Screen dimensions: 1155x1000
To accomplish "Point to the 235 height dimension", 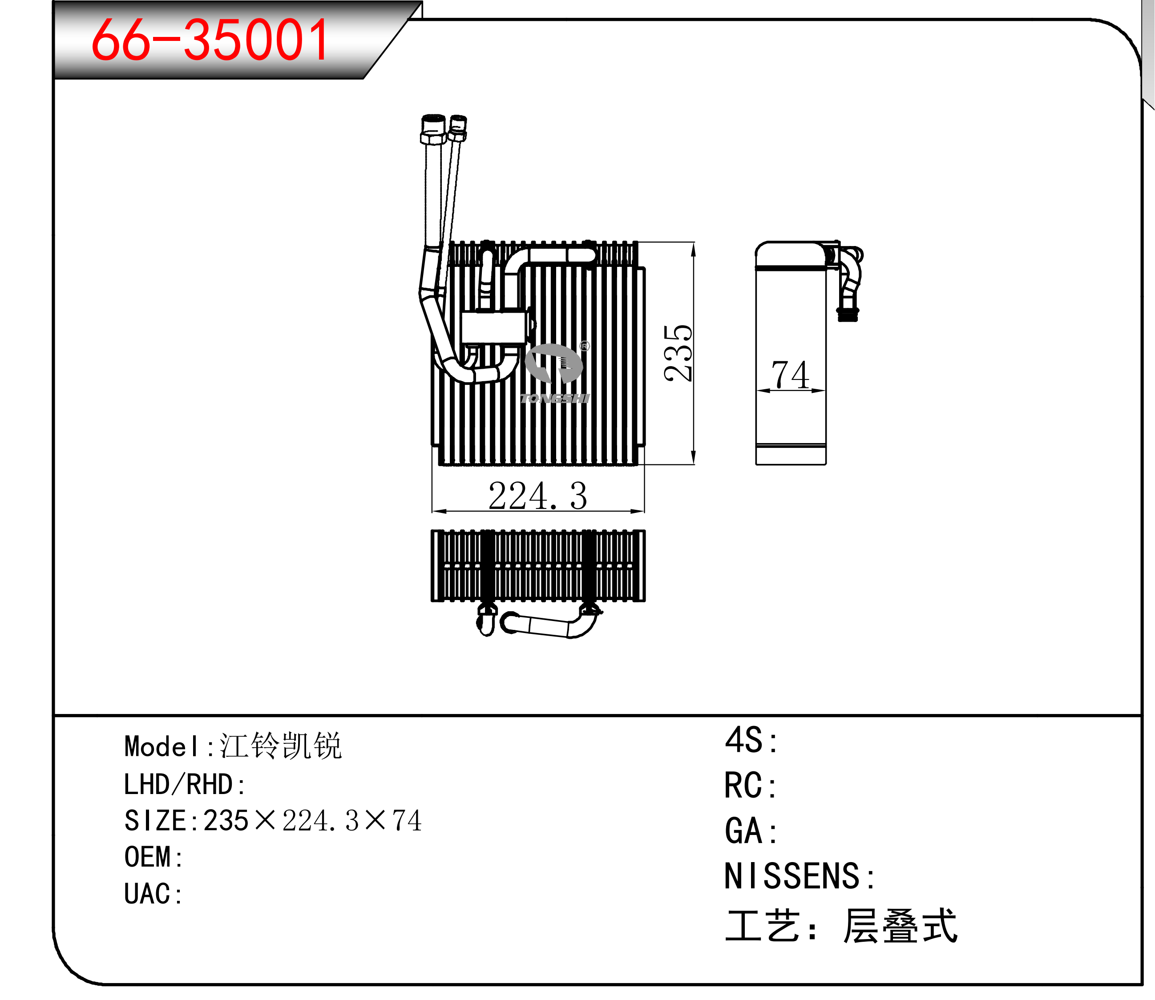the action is (678, 353).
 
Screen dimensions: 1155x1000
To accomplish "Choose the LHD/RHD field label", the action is (184, 784).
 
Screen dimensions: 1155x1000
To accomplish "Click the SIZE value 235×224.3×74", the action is (313, 820).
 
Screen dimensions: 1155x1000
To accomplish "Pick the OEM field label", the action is (153, 857).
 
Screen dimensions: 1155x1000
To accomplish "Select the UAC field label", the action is (153, 893).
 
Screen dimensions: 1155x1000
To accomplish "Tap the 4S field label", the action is (751, 741).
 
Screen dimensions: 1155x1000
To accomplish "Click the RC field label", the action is (750, 786).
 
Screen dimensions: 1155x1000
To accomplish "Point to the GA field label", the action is (751, 831).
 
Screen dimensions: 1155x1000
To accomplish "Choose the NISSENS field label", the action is (800, 876).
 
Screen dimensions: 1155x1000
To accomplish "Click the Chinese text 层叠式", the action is (900, 926).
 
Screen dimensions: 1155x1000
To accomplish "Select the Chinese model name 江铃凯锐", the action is (281, 746).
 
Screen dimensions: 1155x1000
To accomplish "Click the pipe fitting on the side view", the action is (847, 282).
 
